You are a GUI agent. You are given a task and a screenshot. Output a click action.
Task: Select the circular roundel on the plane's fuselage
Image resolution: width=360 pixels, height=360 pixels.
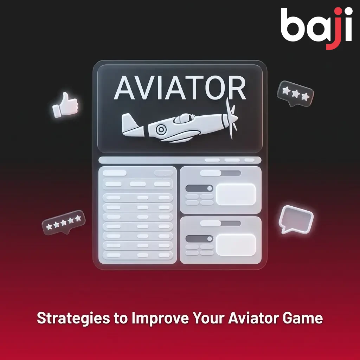coord(161,130)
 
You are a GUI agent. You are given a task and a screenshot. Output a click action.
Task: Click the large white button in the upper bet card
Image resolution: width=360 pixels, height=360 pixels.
coord(236,194)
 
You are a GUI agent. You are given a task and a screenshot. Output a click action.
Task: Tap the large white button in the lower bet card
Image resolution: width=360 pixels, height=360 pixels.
coord(236,245)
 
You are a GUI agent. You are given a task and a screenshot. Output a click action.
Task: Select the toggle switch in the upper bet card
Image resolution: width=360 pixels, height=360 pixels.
coord(199,188)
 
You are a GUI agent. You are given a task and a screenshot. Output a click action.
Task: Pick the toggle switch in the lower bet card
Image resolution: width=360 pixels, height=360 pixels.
coord(199,239)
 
